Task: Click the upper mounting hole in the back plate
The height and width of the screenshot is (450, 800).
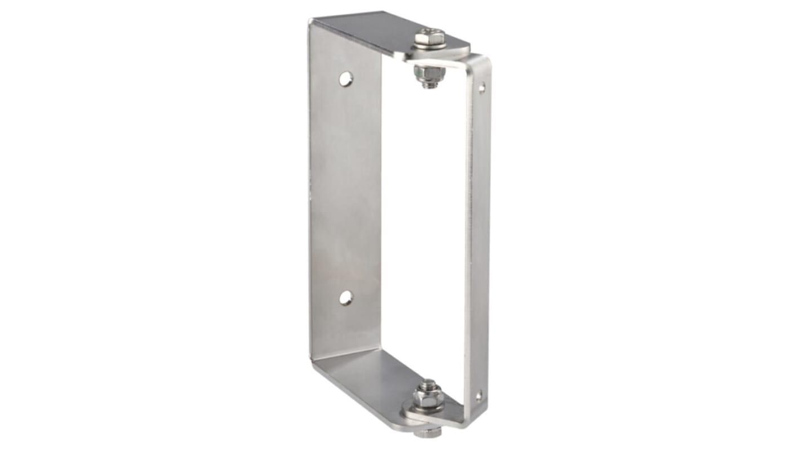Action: tap(346, 79)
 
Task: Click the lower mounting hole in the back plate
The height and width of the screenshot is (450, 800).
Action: tap(345, 298)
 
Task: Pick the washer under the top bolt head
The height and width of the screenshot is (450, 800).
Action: tap(431, 46)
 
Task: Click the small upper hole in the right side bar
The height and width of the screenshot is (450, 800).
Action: tap(482, 88)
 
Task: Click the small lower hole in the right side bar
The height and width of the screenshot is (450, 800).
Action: tap(478, 395)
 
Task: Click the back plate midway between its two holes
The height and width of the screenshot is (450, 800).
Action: tap(345, 189)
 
